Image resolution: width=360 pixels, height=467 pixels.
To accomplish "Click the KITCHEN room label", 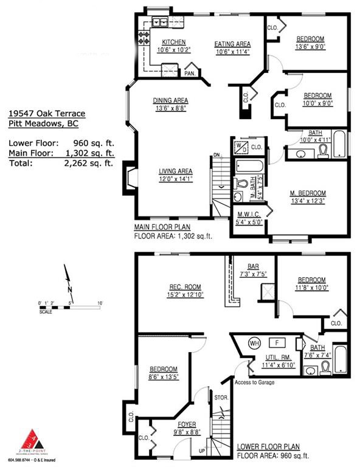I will (173, 42).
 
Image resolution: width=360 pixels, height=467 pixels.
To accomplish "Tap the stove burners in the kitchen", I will (145, 39).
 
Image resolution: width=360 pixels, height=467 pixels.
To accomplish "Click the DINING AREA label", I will (171, 100).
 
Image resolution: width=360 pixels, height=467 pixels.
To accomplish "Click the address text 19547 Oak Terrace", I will (47, 113).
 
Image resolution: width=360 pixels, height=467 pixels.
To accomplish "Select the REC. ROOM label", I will (185, 287).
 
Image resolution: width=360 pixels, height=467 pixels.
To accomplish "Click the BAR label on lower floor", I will (253, 266).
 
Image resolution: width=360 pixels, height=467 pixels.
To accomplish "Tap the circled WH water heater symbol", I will (253, 343).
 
